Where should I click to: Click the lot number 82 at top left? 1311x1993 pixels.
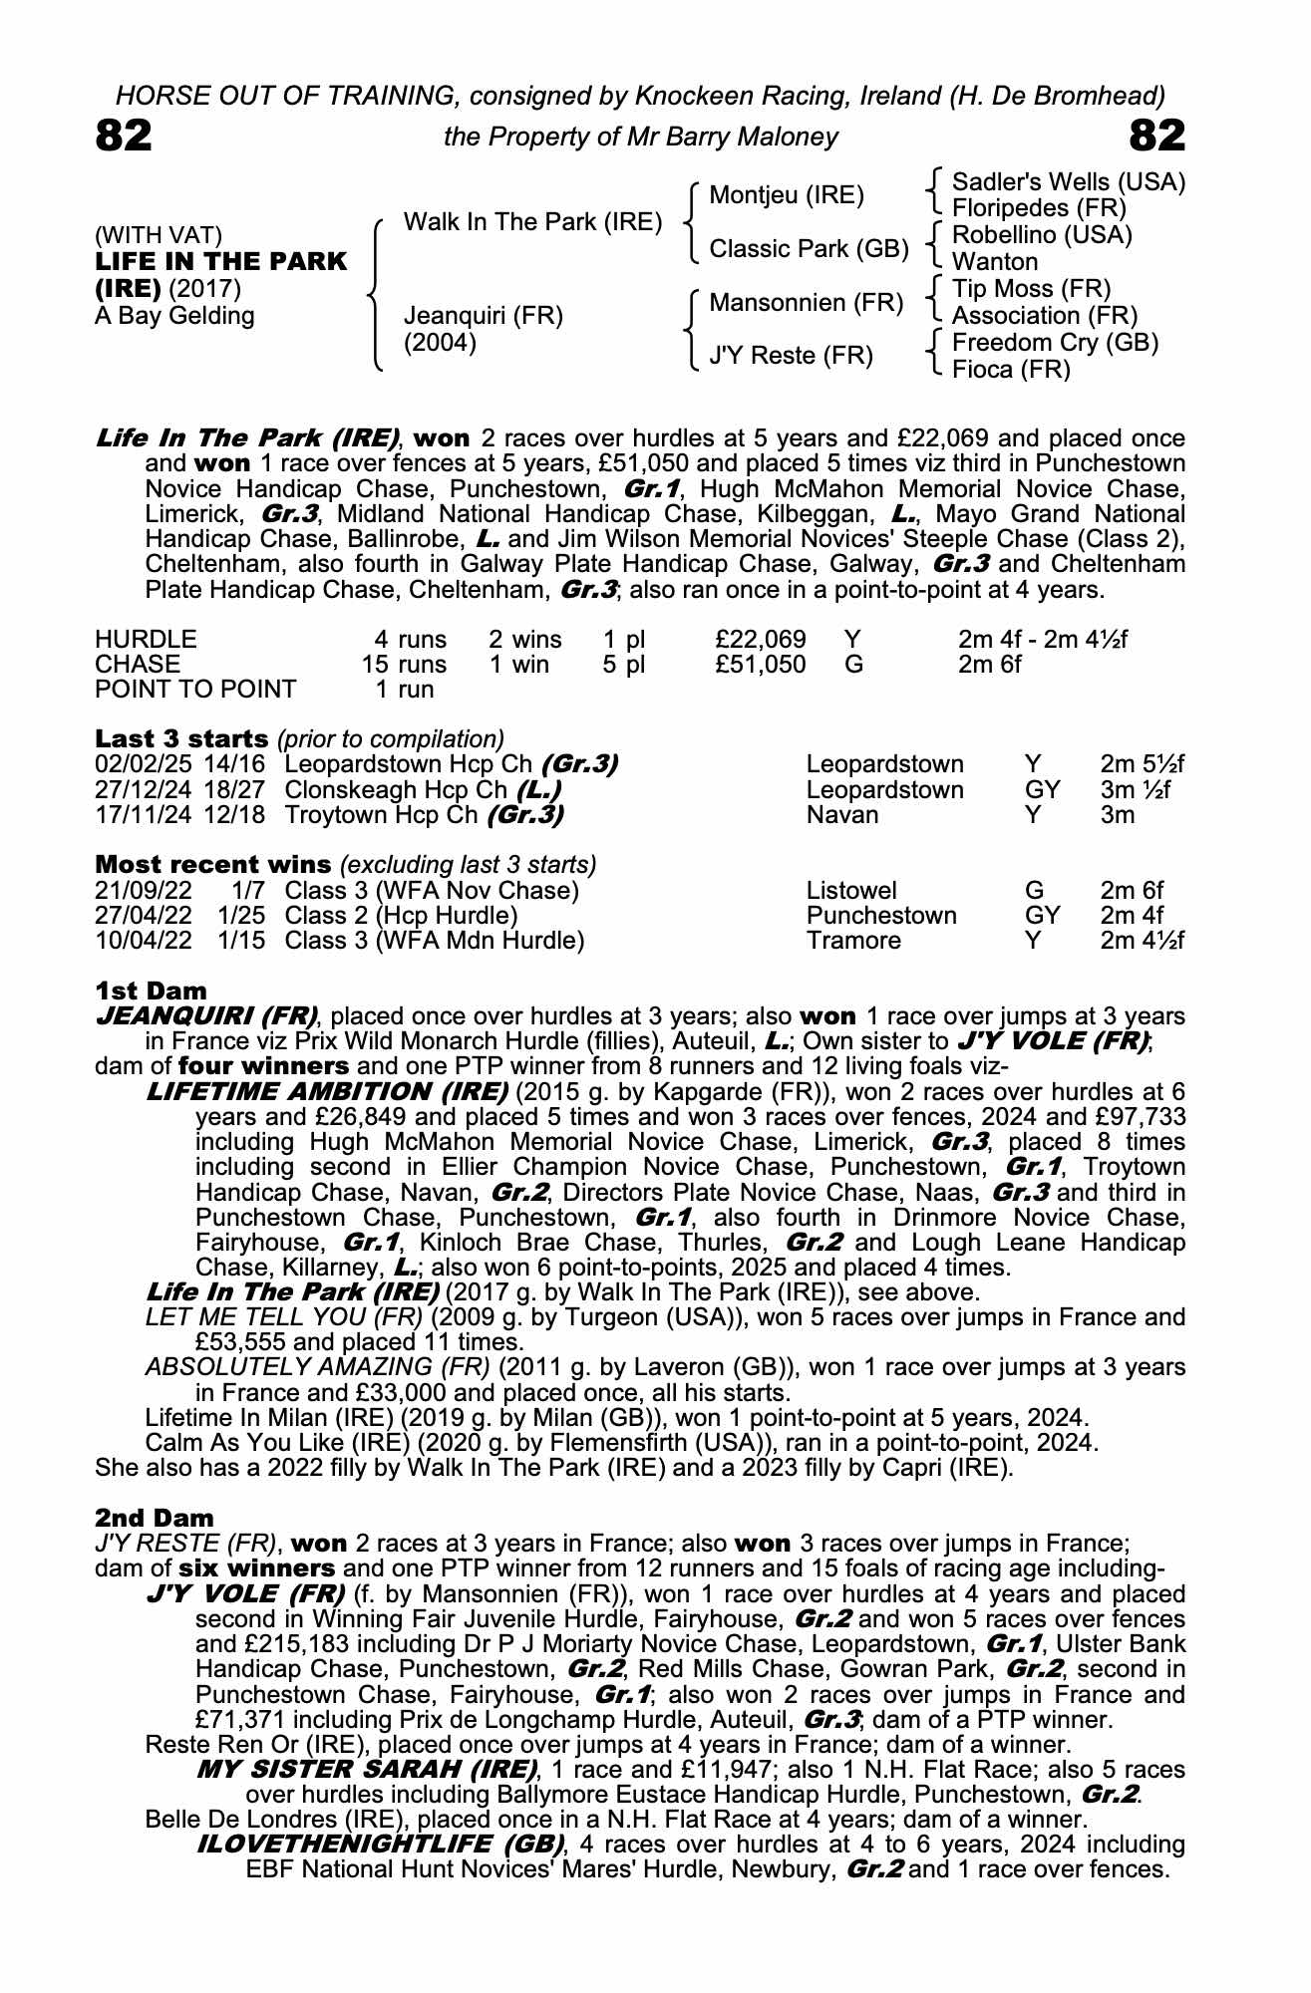124,136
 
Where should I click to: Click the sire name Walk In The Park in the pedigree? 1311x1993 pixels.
532,221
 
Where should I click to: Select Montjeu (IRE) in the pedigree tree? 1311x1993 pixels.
787,195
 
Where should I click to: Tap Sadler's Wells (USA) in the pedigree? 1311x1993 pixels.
1069,182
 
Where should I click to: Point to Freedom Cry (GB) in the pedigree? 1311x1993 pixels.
1055,343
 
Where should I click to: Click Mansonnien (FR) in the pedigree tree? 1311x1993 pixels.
806,302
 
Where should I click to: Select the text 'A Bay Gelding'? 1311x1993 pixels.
174,316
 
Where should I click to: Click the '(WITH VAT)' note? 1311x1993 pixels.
158,235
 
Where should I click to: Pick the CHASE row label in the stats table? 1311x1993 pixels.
138,664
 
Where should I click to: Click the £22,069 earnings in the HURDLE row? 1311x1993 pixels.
761,639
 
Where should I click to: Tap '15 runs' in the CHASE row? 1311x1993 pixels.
404,664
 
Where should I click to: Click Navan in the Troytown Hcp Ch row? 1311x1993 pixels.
842,815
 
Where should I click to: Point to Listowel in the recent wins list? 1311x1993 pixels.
851,890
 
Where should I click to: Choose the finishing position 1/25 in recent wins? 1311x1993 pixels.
241,915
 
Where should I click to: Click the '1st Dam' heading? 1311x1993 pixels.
151,991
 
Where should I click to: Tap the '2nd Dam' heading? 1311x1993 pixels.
155,1518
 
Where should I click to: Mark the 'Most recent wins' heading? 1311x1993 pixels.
212,864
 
